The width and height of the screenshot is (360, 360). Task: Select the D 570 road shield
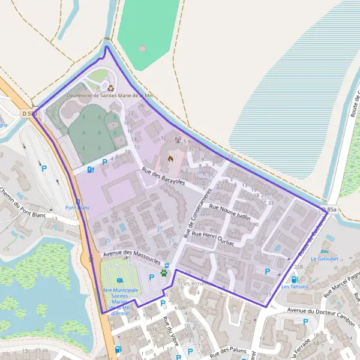point(29,113)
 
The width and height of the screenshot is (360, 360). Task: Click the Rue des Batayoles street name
point(163,176)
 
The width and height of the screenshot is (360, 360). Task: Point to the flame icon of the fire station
point(170,159)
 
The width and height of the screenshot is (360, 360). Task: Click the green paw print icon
point(164,273)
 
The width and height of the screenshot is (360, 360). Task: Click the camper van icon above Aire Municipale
point(119,281)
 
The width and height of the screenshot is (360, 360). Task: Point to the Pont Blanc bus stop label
point(77,208)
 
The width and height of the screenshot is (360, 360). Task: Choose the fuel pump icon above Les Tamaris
point(294,279)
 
